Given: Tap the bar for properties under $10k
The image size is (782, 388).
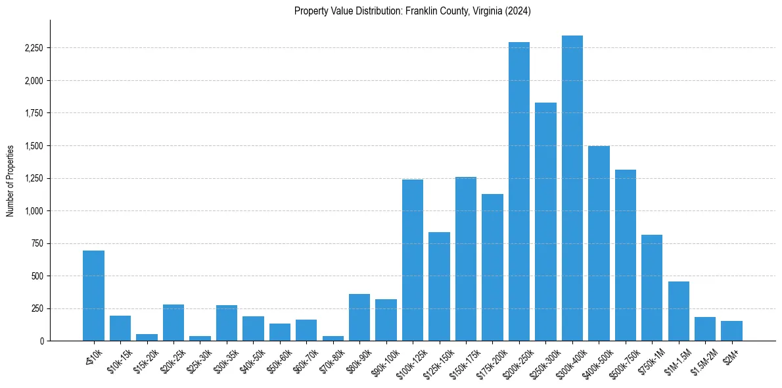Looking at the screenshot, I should pyautogui.click(x=93, y=295).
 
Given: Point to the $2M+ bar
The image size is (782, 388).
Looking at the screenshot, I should pyautogui.click(x=731, y=331).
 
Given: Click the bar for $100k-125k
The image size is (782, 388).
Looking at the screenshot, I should pyautogui.click(x=413, y=260).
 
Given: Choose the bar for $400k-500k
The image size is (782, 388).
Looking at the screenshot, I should pyautogui.click(x=599, y=243).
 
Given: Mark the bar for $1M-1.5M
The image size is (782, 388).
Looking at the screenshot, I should pyautogui.click(x=678, y=311).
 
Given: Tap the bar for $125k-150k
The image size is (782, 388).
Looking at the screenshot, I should pyautogui.click(x=439, y=286).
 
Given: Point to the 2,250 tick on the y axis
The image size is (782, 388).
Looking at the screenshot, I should pyautogui.click(x=35, y=49).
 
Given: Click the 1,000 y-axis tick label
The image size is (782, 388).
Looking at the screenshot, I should pyautogui.click(x=35, y=211).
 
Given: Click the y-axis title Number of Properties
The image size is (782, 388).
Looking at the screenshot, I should pyautogui.click(x=11, y=181).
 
